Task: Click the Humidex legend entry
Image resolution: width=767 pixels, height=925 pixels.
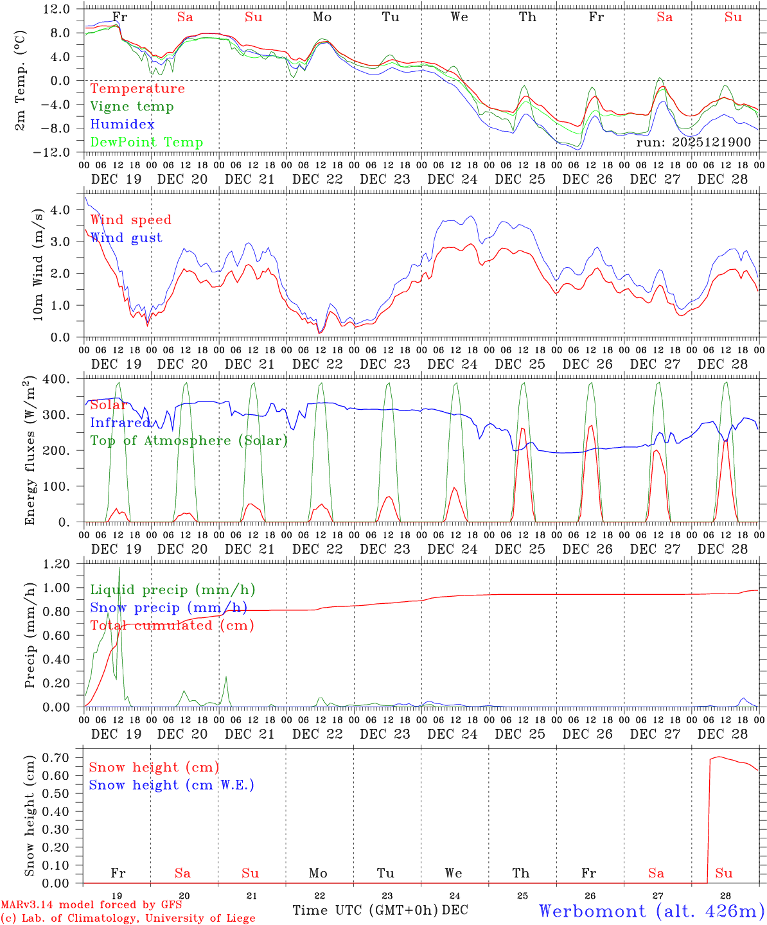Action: [x=122, y=125]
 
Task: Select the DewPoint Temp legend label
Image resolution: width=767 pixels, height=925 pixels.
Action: [x=146, y=143]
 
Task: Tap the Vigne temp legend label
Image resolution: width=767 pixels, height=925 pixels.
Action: [x=132, y=107]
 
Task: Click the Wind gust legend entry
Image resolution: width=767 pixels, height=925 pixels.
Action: [x=126, y=238]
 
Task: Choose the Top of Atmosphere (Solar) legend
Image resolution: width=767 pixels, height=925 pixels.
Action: [x=189, y=441]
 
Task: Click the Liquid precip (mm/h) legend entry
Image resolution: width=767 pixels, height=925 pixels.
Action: [x=173, y=590]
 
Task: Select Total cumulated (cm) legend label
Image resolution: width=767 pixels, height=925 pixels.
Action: [x=172, y=626]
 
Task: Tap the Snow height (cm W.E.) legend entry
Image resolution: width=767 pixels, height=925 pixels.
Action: [x=172, y=785]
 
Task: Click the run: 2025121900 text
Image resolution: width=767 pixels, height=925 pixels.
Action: [x=693, y=142]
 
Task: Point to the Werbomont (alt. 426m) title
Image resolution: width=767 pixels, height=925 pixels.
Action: [x=651, y=911]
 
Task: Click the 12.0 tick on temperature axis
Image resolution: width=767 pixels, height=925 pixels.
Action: [x=57, y=9]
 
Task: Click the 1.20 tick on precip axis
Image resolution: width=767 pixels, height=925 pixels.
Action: [x=57, y=564]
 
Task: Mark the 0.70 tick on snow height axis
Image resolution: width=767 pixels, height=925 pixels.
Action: [x=57, y=757]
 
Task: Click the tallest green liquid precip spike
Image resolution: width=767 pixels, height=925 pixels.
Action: [x=119, y=568]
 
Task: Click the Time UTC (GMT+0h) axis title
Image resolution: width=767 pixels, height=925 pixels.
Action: [x=366, y=910]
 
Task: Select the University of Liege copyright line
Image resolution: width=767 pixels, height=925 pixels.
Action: [x=128, y=918]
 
